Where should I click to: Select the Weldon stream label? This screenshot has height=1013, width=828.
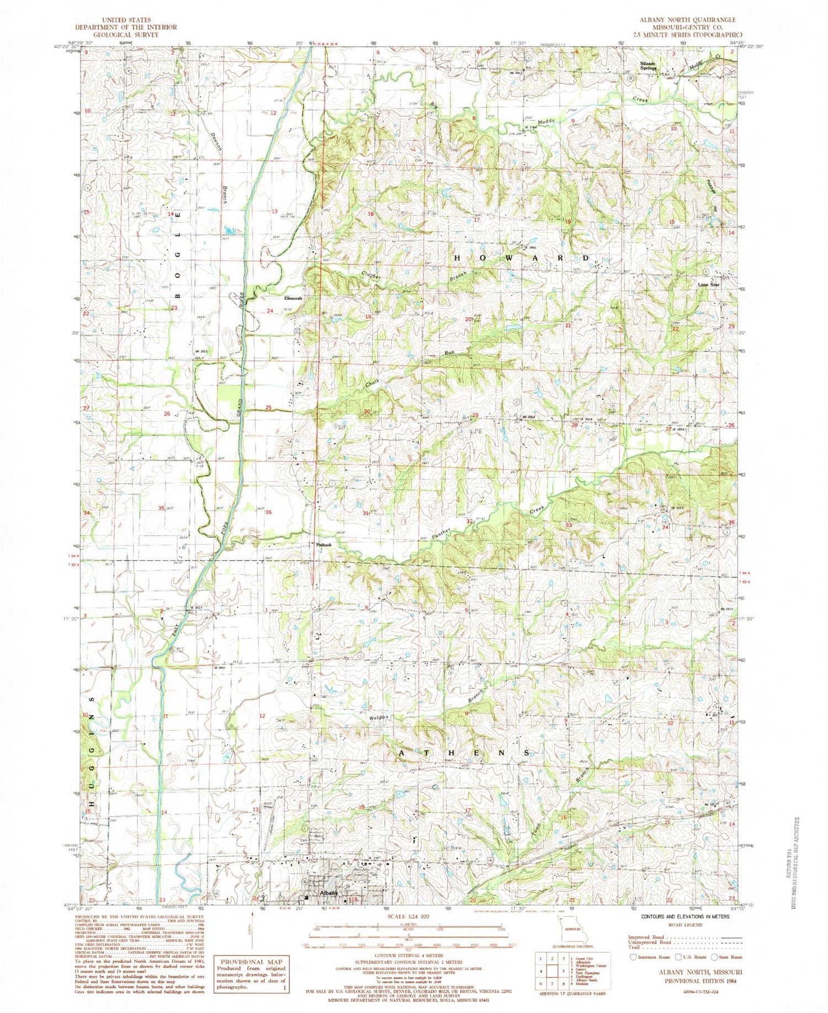coord(380,717)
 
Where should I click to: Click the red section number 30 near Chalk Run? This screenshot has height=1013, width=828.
coord(367,412)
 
